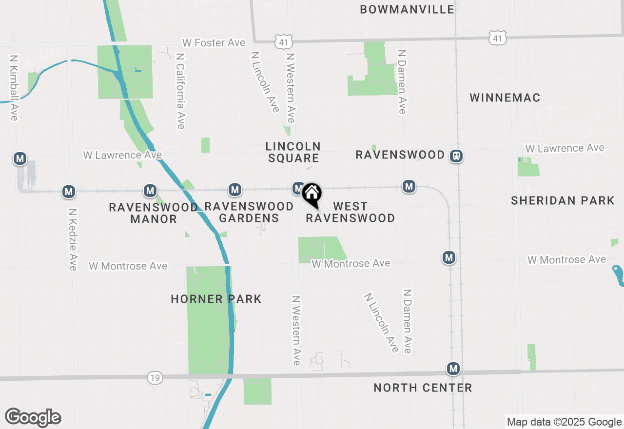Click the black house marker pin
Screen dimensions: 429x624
[x=312, y=195]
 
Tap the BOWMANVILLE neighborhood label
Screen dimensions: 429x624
[x=407, y=9]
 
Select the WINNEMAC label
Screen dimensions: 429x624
[x=505, y=97]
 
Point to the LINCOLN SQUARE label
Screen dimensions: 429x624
[x=293, y=152]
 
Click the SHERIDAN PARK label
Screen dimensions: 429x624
[x=563, y=200]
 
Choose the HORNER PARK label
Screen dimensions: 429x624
[x=216, y=299]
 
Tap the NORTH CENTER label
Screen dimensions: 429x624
[x=423, y=388]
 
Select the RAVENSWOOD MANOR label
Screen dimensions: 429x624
[x=154, y=213]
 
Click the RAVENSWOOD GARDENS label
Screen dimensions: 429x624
[x=249, y=212]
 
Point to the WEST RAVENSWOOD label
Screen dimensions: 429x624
[x=351, y=212]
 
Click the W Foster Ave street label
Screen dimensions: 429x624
[x=214, y=43]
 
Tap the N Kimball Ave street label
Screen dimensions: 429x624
[x=14, y=87]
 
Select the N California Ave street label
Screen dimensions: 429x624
[x=180, y=91]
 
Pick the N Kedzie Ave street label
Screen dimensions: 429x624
[x=73, y=240]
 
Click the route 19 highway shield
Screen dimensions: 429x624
[x=155, y=377]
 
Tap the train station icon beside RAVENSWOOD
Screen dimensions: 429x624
[x=456, y=156]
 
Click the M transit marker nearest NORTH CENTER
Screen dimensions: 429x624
[x=453, y=369]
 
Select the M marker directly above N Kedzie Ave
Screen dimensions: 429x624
[x=69, y=192]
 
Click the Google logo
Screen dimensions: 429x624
[x=33, y=418]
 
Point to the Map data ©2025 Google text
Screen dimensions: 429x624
[x=564, y=422]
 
